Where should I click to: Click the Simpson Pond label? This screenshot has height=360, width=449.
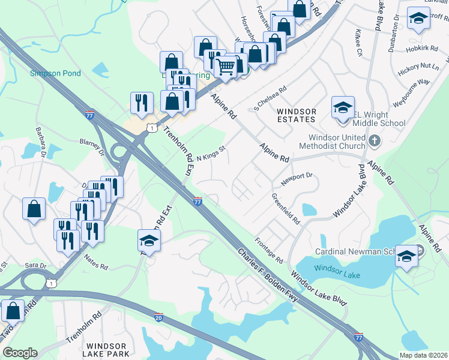coord(55,74)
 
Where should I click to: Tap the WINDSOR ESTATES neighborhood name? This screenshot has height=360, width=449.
coord(295,115)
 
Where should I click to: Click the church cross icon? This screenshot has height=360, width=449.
coord(375,142)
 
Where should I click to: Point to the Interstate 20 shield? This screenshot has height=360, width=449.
coord(158,316)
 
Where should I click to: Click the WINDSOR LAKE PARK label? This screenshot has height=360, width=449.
coord(106,350)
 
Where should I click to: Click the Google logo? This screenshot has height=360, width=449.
coord(20,353)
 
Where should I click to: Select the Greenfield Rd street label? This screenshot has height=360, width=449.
coord(286,208)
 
